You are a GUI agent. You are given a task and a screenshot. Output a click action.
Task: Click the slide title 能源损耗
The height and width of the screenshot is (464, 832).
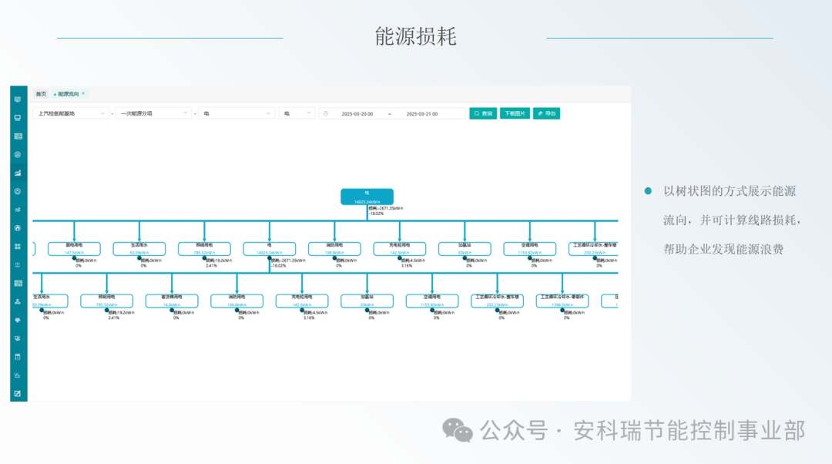tap(415, 36)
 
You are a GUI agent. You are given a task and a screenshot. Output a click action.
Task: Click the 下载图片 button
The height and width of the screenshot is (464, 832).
tap(515, 113)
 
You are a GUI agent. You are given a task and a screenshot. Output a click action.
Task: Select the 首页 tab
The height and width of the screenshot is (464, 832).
tap(41, 93)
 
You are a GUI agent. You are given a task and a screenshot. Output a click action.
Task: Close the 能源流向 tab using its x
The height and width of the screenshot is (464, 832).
tap(83, 93)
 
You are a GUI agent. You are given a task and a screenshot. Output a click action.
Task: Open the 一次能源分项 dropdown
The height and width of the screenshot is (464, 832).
tap(154, 113)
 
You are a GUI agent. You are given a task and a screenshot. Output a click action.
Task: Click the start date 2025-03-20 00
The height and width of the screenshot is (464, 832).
tap(357, 113)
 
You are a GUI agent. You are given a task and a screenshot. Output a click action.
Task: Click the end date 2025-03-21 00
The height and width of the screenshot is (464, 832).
tap(422, 113)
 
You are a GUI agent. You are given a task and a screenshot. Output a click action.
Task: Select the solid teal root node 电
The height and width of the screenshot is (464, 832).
tap(367, 197)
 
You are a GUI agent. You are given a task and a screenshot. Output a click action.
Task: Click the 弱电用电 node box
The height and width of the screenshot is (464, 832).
tap(74, 248)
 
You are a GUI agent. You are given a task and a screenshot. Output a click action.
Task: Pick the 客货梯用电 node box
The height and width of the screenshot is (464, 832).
tap(172, 301)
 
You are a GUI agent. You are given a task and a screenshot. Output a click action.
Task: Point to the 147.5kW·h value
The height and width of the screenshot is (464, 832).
tap(74, 252)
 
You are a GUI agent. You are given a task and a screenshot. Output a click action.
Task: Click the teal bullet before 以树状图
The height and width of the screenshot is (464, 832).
tap(648, 190)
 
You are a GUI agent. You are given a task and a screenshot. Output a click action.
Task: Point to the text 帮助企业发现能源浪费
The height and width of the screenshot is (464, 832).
tap(723, 249)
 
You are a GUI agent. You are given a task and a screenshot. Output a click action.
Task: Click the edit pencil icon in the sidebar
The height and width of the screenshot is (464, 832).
tap(18, 394)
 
